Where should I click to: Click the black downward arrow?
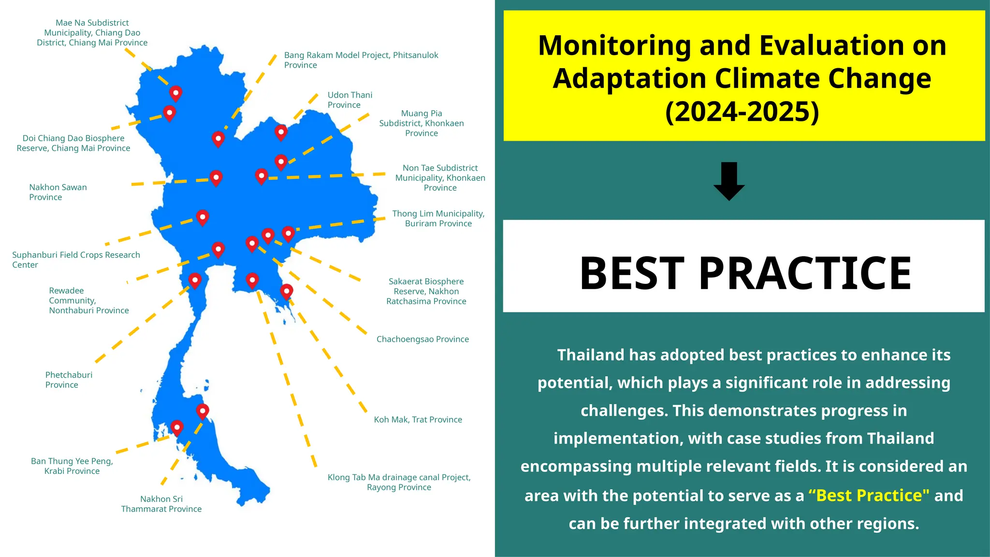tap(729, 181)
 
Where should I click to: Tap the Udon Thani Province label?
tap(349, 100)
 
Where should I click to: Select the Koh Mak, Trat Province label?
tap(418, 420)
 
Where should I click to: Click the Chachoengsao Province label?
tap(422, 339)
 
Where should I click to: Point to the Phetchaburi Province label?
tap(68, 380)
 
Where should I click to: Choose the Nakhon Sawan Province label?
tap(58, 192)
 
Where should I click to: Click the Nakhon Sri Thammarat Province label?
tap(161, 504)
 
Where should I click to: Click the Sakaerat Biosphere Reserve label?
tap(426, 292)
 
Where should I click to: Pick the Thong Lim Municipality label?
tap(438, 219)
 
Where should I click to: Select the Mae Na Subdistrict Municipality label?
tap(92, 33)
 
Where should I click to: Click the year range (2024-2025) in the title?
tap(742, 112)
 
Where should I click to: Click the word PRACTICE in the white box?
tap(804, 273)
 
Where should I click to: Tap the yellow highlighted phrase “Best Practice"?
tap(868, 496)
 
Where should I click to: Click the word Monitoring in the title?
tap(614, 46)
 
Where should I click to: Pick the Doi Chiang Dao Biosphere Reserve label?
tap(73, 143)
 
